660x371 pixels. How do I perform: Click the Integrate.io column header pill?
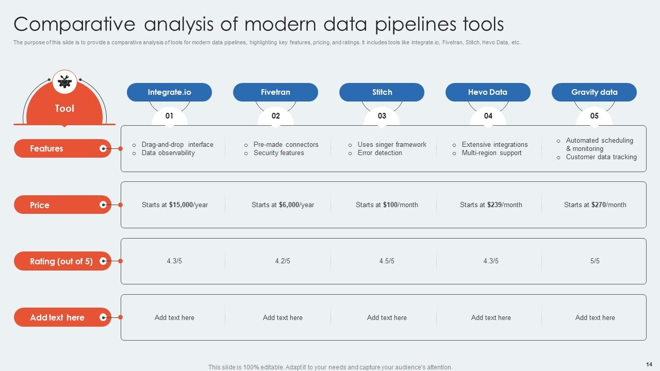(169, 92)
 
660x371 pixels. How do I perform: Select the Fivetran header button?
(275, 92)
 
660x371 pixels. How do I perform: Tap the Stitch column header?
(382, 92)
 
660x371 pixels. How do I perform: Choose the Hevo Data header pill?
(488, 92)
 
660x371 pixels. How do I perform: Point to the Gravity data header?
(594, 92)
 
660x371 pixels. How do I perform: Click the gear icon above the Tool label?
(64, 81)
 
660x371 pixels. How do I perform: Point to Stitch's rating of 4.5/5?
(387, 261)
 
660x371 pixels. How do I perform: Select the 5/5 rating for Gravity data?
(595, 261)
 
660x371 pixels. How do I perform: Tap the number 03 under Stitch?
(382, 116)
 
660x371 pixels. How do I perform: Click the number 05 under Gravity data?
(594, 116)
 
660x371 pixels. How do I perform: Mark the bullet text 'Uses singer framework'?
(392, 145)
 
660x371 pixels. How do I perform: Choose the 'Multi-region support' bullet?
(491, 153)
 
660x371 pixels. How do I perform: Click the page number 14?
(649, 364)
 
